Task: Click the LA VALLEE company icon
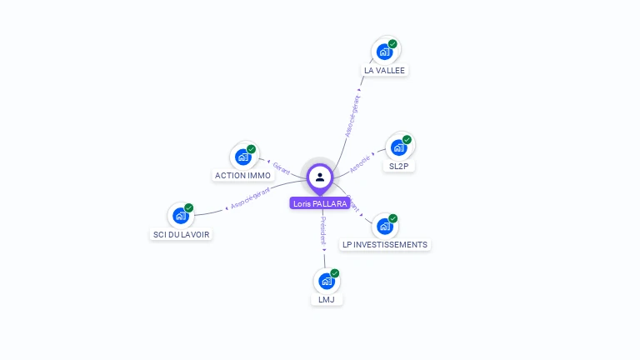click(x=384, y=51)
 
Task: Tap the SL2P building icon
click(x=398, y=147)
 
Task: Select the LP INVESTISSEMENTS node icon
click(x=384, y=225)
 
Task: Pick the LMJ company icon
click(x=326, y=281)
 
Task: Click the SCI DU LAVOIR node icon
click(x=181, y=215)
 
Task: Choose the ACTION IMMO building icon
click(x=242, y=156)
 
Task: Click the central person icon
click(x=320, y=177)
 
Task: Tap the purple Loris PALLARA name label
click(x=320, y=203)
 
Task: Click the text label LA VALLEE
click(x=384, y=71)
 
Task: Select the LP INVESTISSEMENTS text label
click(x=385, y=245)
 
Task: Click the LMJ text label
click(x=326, y=299)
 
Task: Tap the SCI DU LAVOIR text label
click(x=182, y=235)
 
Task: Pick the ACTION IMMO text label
click(x=242, y=176)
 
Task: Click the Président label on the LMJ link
click(x=323, y=231)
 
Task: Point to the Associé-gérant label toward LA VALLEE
click(x=353, y=116)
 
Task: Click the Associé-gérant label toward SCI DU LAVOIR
click(x=249, y=198)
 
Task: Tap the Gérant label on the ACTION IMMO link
click(x=281, y=167)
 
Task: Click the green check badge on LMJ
click(x=335, y=272)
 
